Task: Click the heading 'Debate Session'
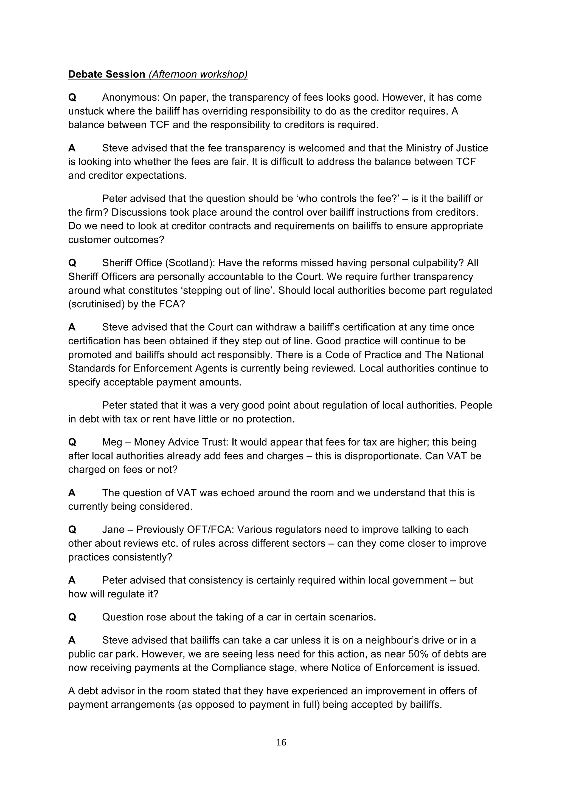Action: pos(106,74)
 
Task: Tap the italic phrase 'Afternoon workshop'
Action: pos(198,74)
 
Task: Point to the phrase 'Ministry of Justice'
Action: pos(447,148)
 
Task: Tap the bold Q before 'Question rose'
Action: pos(72,617)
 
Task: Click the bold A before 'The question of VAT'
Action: pos(72,493)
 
